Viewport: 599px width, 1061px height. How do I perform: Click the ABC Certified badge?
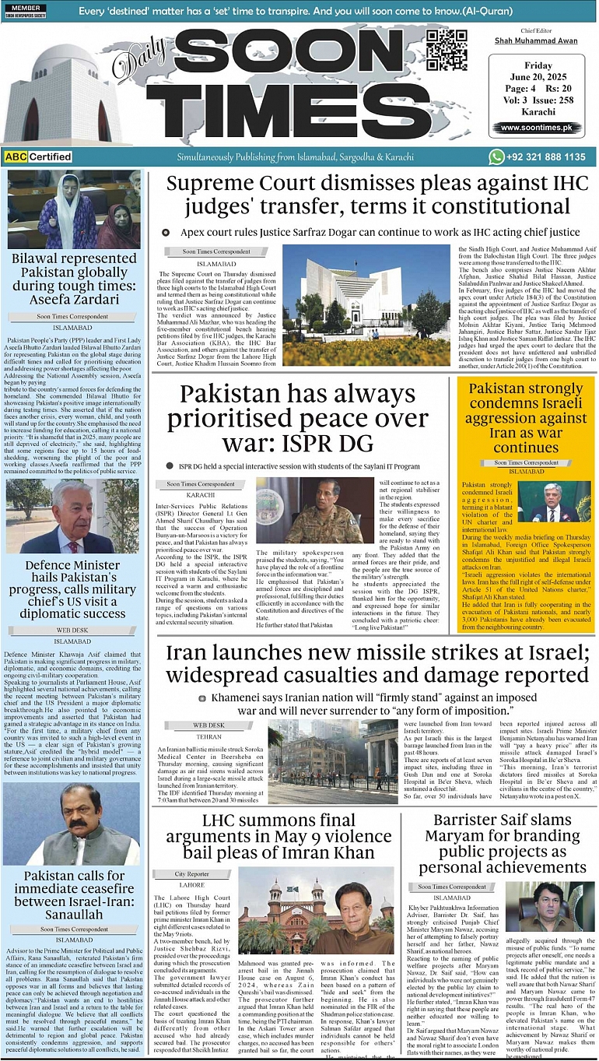[x=38, y=156]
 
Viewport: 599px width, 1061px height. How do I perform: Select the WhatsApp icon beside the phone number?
[x=496, y=156]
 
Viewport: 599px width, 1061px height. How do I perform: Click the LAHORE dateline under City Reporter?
[x=191, y=885]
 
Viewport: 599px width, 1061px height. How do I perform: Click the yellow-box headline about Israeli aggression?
[x=526, y=417]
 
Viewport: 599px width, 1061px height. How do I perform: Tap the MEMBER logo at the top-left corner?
[x=24, y=12]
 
